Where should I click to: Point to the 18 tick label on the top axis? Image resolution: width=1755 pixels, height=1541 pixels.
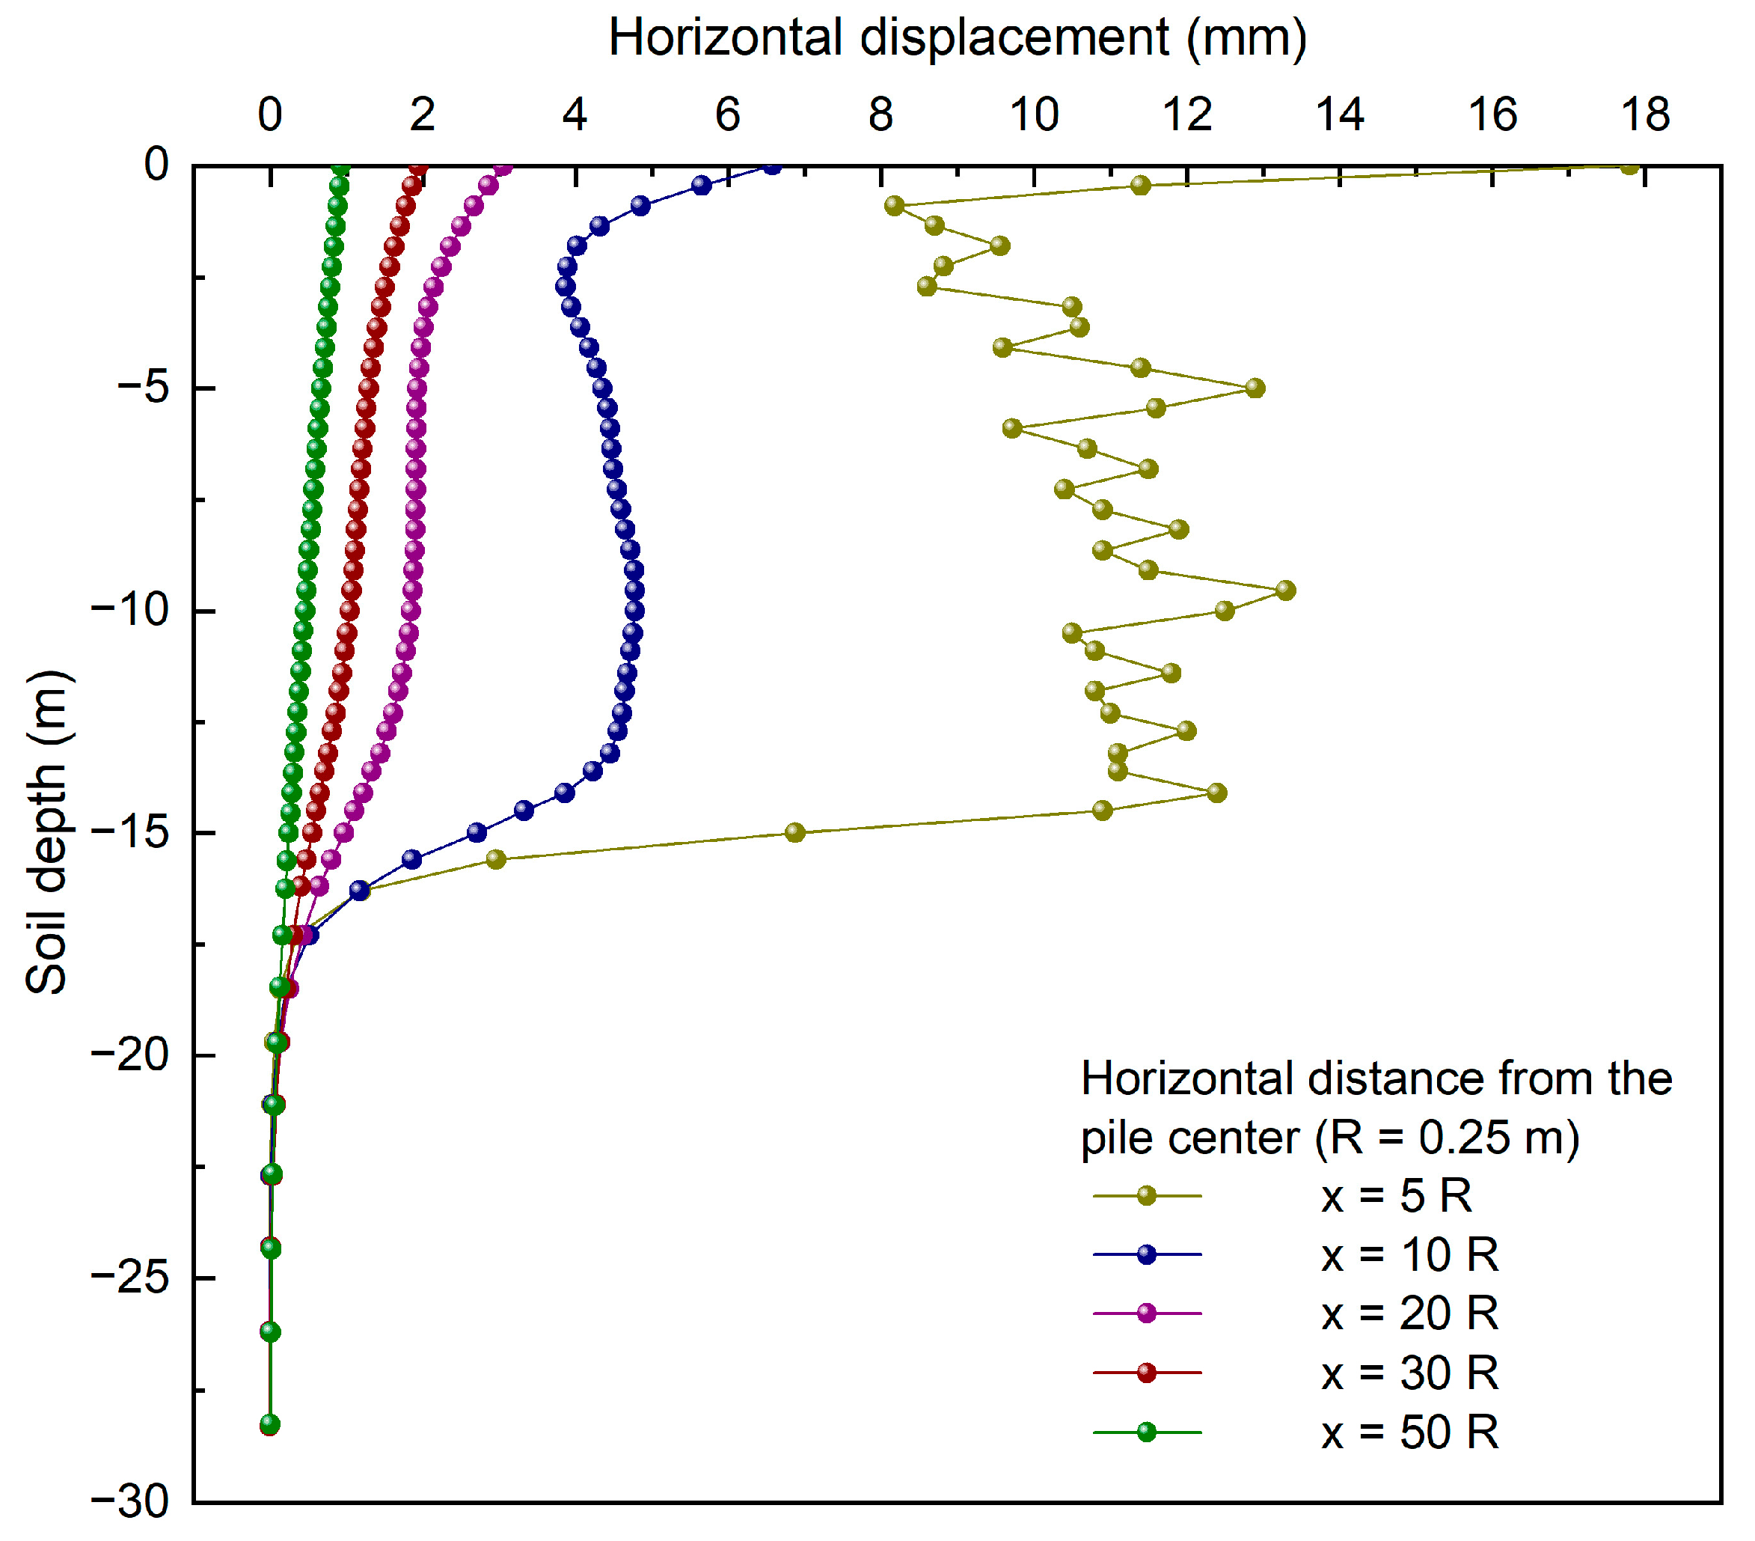pos(1644,115)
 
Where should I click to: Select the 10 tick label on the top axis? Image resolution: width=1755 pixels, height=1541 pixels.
pos(1033,115)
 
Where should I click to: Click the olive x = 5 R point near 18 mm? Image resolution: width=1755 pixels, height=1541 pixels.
pos(1629,167)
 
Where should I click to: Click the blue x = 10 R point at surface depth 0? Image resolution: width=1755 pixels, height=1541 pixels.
pos(773,167)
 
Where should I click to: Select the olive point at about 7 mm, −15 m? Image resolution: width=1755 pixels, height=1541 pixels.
pos(795,832)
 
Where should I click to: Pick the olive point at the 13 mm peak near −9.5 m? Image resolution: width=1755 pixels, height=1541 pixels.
pos(1284,590)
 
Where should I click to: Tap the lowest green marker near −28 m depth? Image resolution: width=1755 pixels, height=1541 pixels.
pos(269,1425)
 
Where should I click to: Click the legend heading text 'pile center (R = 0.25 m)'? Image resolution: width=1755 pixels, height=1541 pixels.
pos(1329,1138)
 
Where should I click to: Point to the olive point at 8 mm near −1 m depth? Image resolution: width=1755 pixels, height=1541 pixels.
pos(894,205)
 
